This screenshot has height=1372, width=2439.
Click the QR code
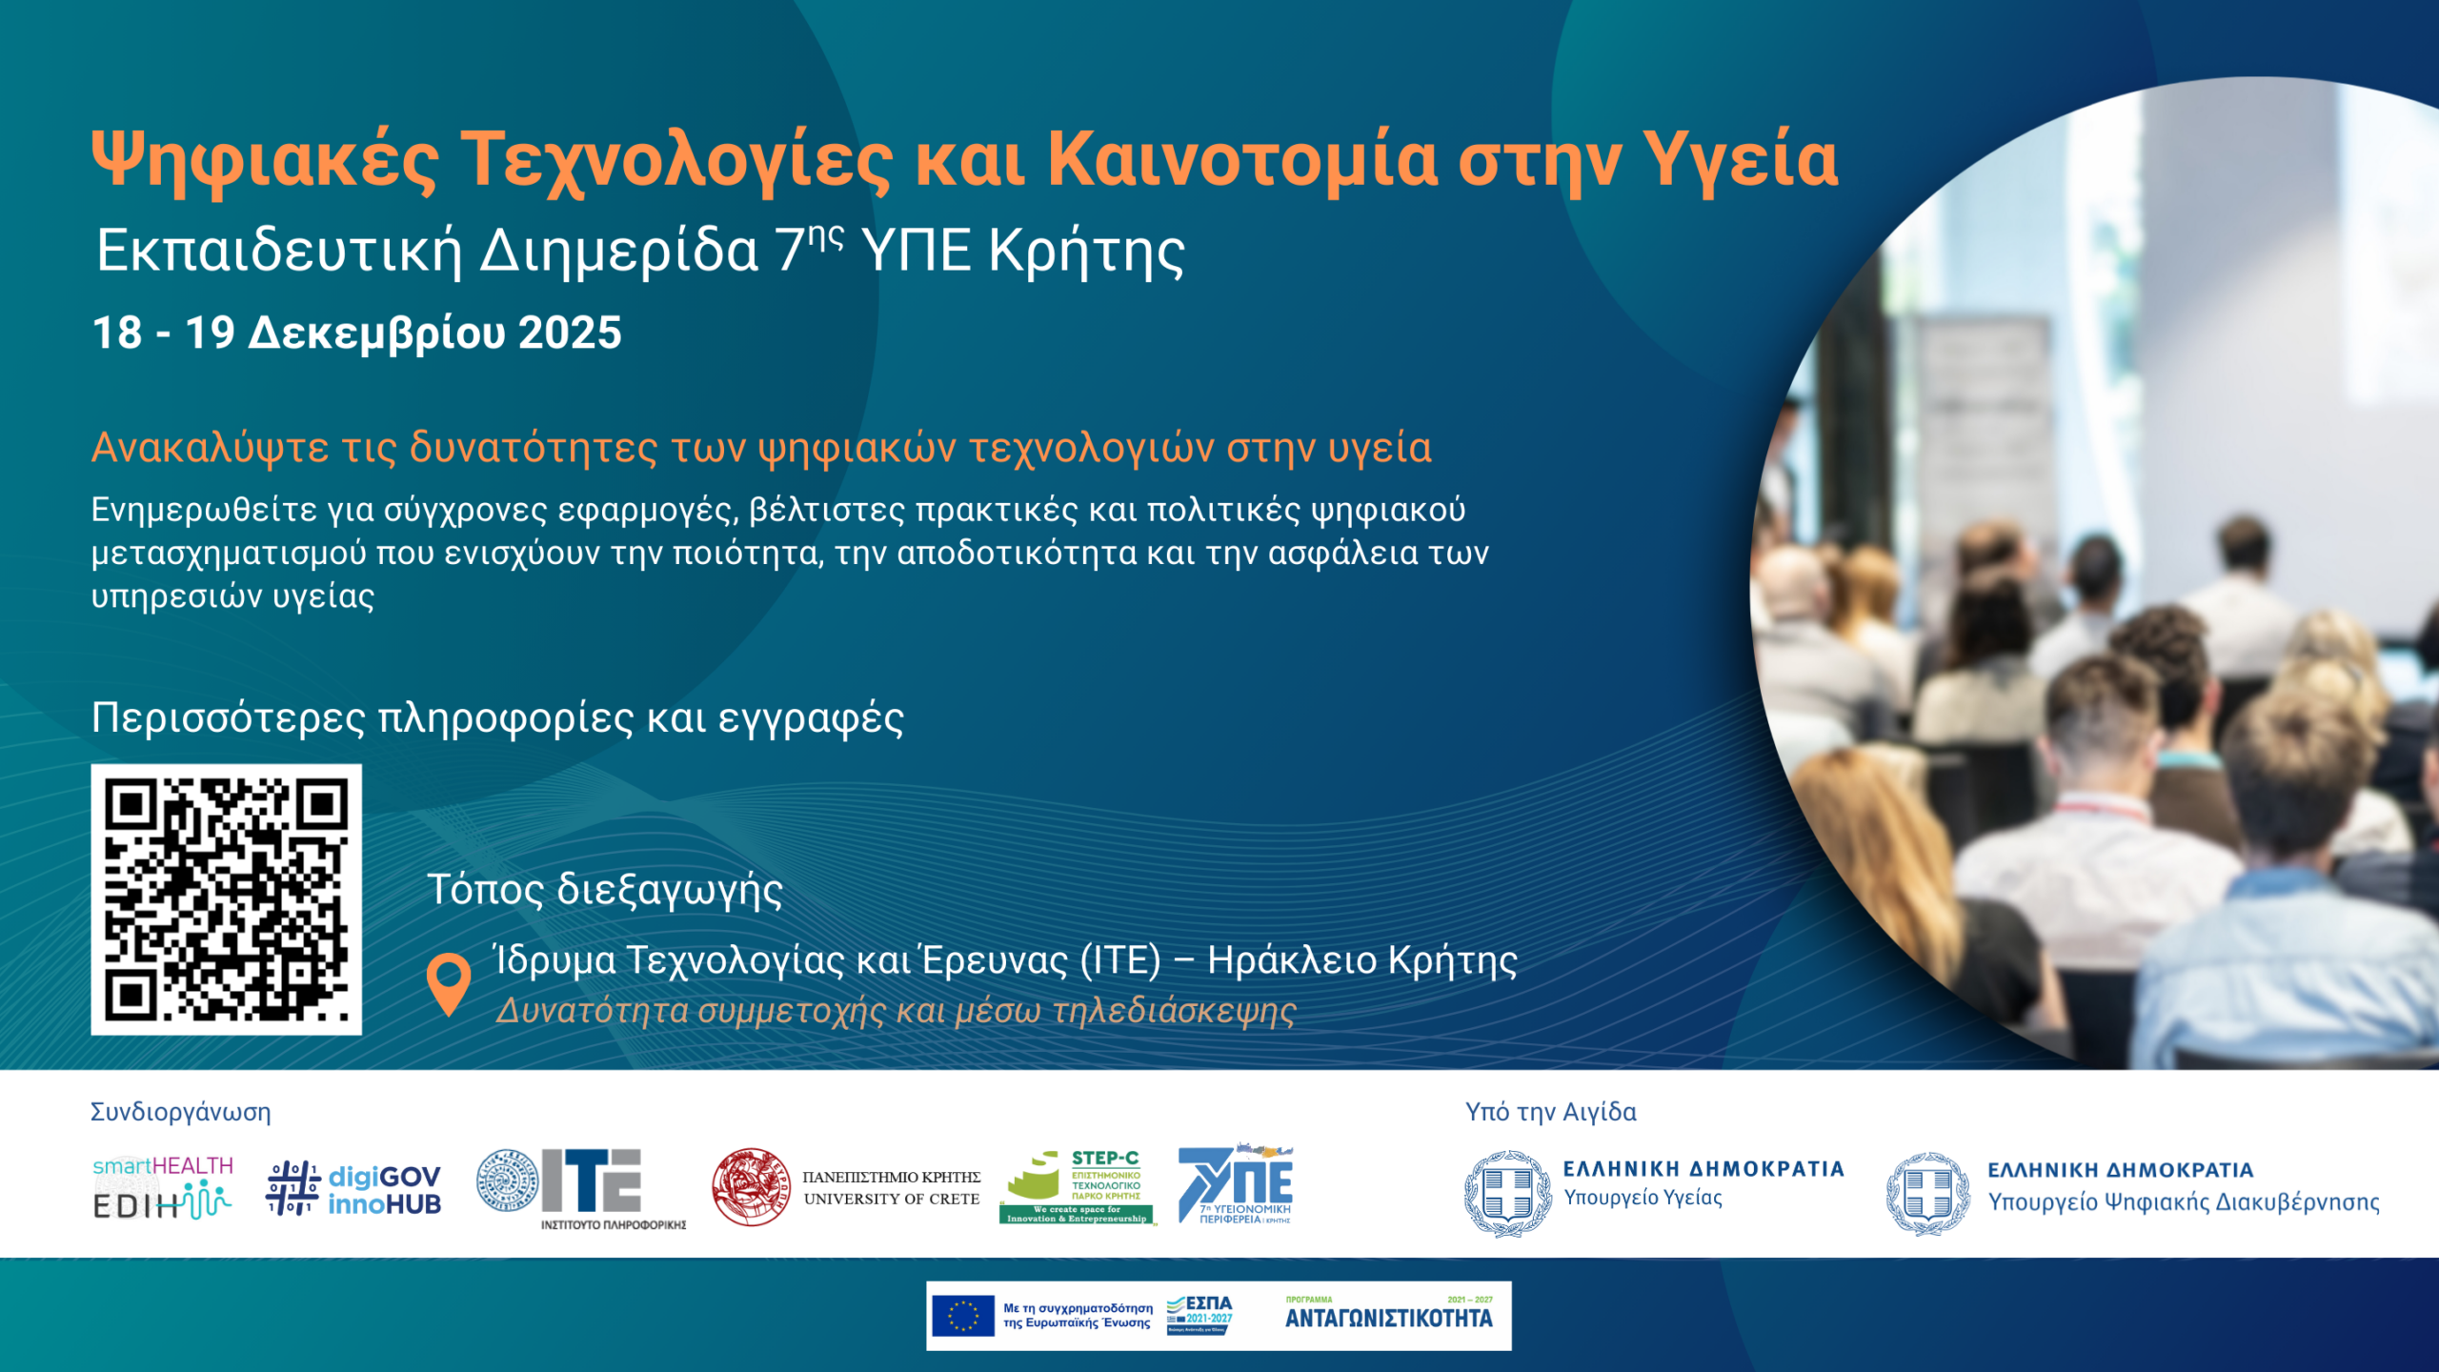pyautogui.click(x=226, y=898)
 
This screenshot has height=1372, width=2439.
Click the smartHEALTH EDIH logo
pyautogui.click(x=163, y=1187)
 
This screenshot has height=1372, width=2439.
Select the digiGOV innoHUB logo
pyautogui.click(x=353, y=1188)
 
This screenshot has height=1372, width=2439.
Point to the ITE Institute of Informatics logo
pyautogui.click(x=581, y=1187)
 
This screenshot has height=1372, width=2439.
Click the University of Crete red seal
pyautogui.click(x=751, y=1187)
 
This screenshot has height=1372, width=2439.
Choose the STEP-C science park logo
pyautogui.click(x=1077, y=1187)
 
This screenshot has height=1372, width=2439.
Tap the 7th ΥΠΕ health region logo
pyautogui.click(x=1237, y=1184)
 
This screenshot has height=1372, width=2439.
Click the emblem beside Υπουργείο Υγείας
pyautogui.click(x=1507, y=1193)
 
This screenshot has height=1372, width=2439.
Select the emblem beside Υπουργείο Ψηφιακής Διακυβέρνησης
pyautogui.click(x=1928, y=1193)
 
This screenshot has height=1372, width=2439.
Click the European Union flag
pyautogui.click(x=962, y=1316)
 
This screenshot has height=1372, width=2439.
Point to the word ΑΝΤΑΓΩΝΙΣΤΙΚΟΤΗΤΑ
pyautogui.click(x=1388, y=1319)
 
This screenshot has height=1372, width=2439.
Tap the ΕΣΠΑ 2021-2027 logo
pyautogui.click(x=1200, y=1315)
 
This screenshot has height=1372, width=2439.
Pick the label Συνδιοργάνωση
pyautogui.click(x=180, y=1112)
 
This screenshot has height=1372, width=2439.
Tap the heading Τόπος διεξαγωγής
pyautogui.click(x=605, y=890)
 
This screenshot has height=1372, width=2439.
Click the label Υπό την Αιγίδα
pyautogui.click(x=1550, y=1112)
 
